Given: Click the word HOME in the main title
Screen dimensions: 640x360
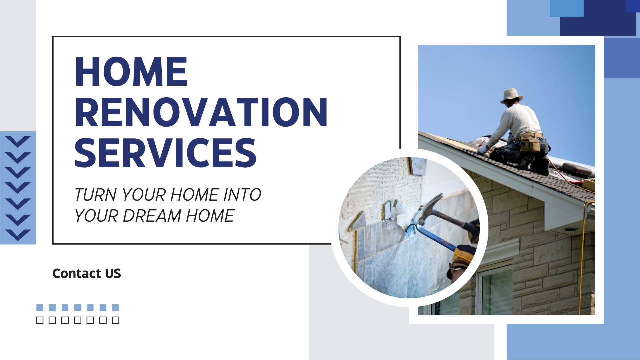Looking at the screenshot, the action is pyautogui.click(x=131, y=72).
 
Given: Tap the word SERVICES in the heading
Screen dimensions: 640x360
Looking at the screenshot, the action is pyautogui.click(x=166, y=153).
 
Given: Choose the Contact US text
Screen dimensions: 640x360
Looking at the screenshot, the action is pyautogui.click(x=87, y=273).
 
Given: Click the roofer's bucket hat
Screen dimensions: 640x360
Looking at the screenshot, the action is pyautogui.click(x=511, y=95).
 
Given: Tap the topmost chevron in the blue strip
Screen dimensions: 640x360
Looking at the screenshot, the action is pyautogui.click(x=18, y=142).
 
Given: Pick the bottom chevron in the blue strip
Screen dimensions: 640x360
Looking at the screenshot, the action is pyautogui.click(x=18, y=235).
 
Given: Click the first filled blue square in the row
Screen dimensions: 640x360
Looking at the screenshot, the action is pyautogui.click(x=40, y=307).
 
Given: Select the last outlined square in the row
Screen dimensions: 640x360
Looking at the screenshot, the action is pyautogui.click(x=116, y=320).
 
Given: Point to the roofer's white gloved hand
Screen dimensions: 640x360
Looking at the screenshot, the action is pyautogui.click(x=482, y=150).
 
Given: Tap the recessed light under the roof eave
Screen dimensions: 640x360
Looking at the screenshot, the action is pyautogui.click(x=570, y=229).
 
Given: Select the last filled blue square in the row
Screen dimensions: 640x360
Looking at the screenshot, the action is pyautogui.click(x=116, y=307).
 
